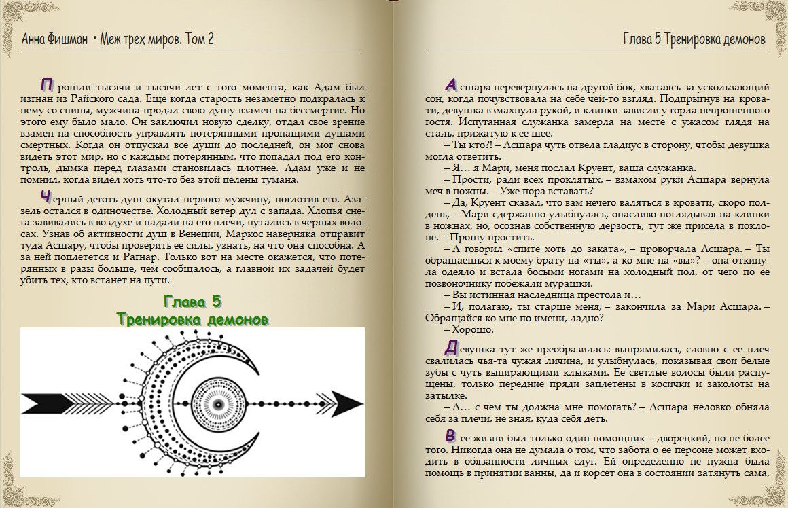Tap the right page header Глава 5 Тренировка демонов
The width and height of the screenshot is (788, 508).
[694, 39]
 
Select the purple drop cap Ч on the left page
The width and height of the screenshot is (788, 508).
[46, 198]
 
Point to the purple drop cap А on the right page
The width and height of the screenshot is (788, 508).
[450, 86]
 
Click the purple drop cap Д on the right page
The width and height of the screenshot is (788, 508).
[450, 347]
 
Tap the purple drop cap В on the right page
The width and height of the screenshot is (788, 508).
[450, 435]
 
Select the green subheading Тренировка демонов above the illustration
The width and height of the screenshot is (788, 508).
[192, 319]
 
